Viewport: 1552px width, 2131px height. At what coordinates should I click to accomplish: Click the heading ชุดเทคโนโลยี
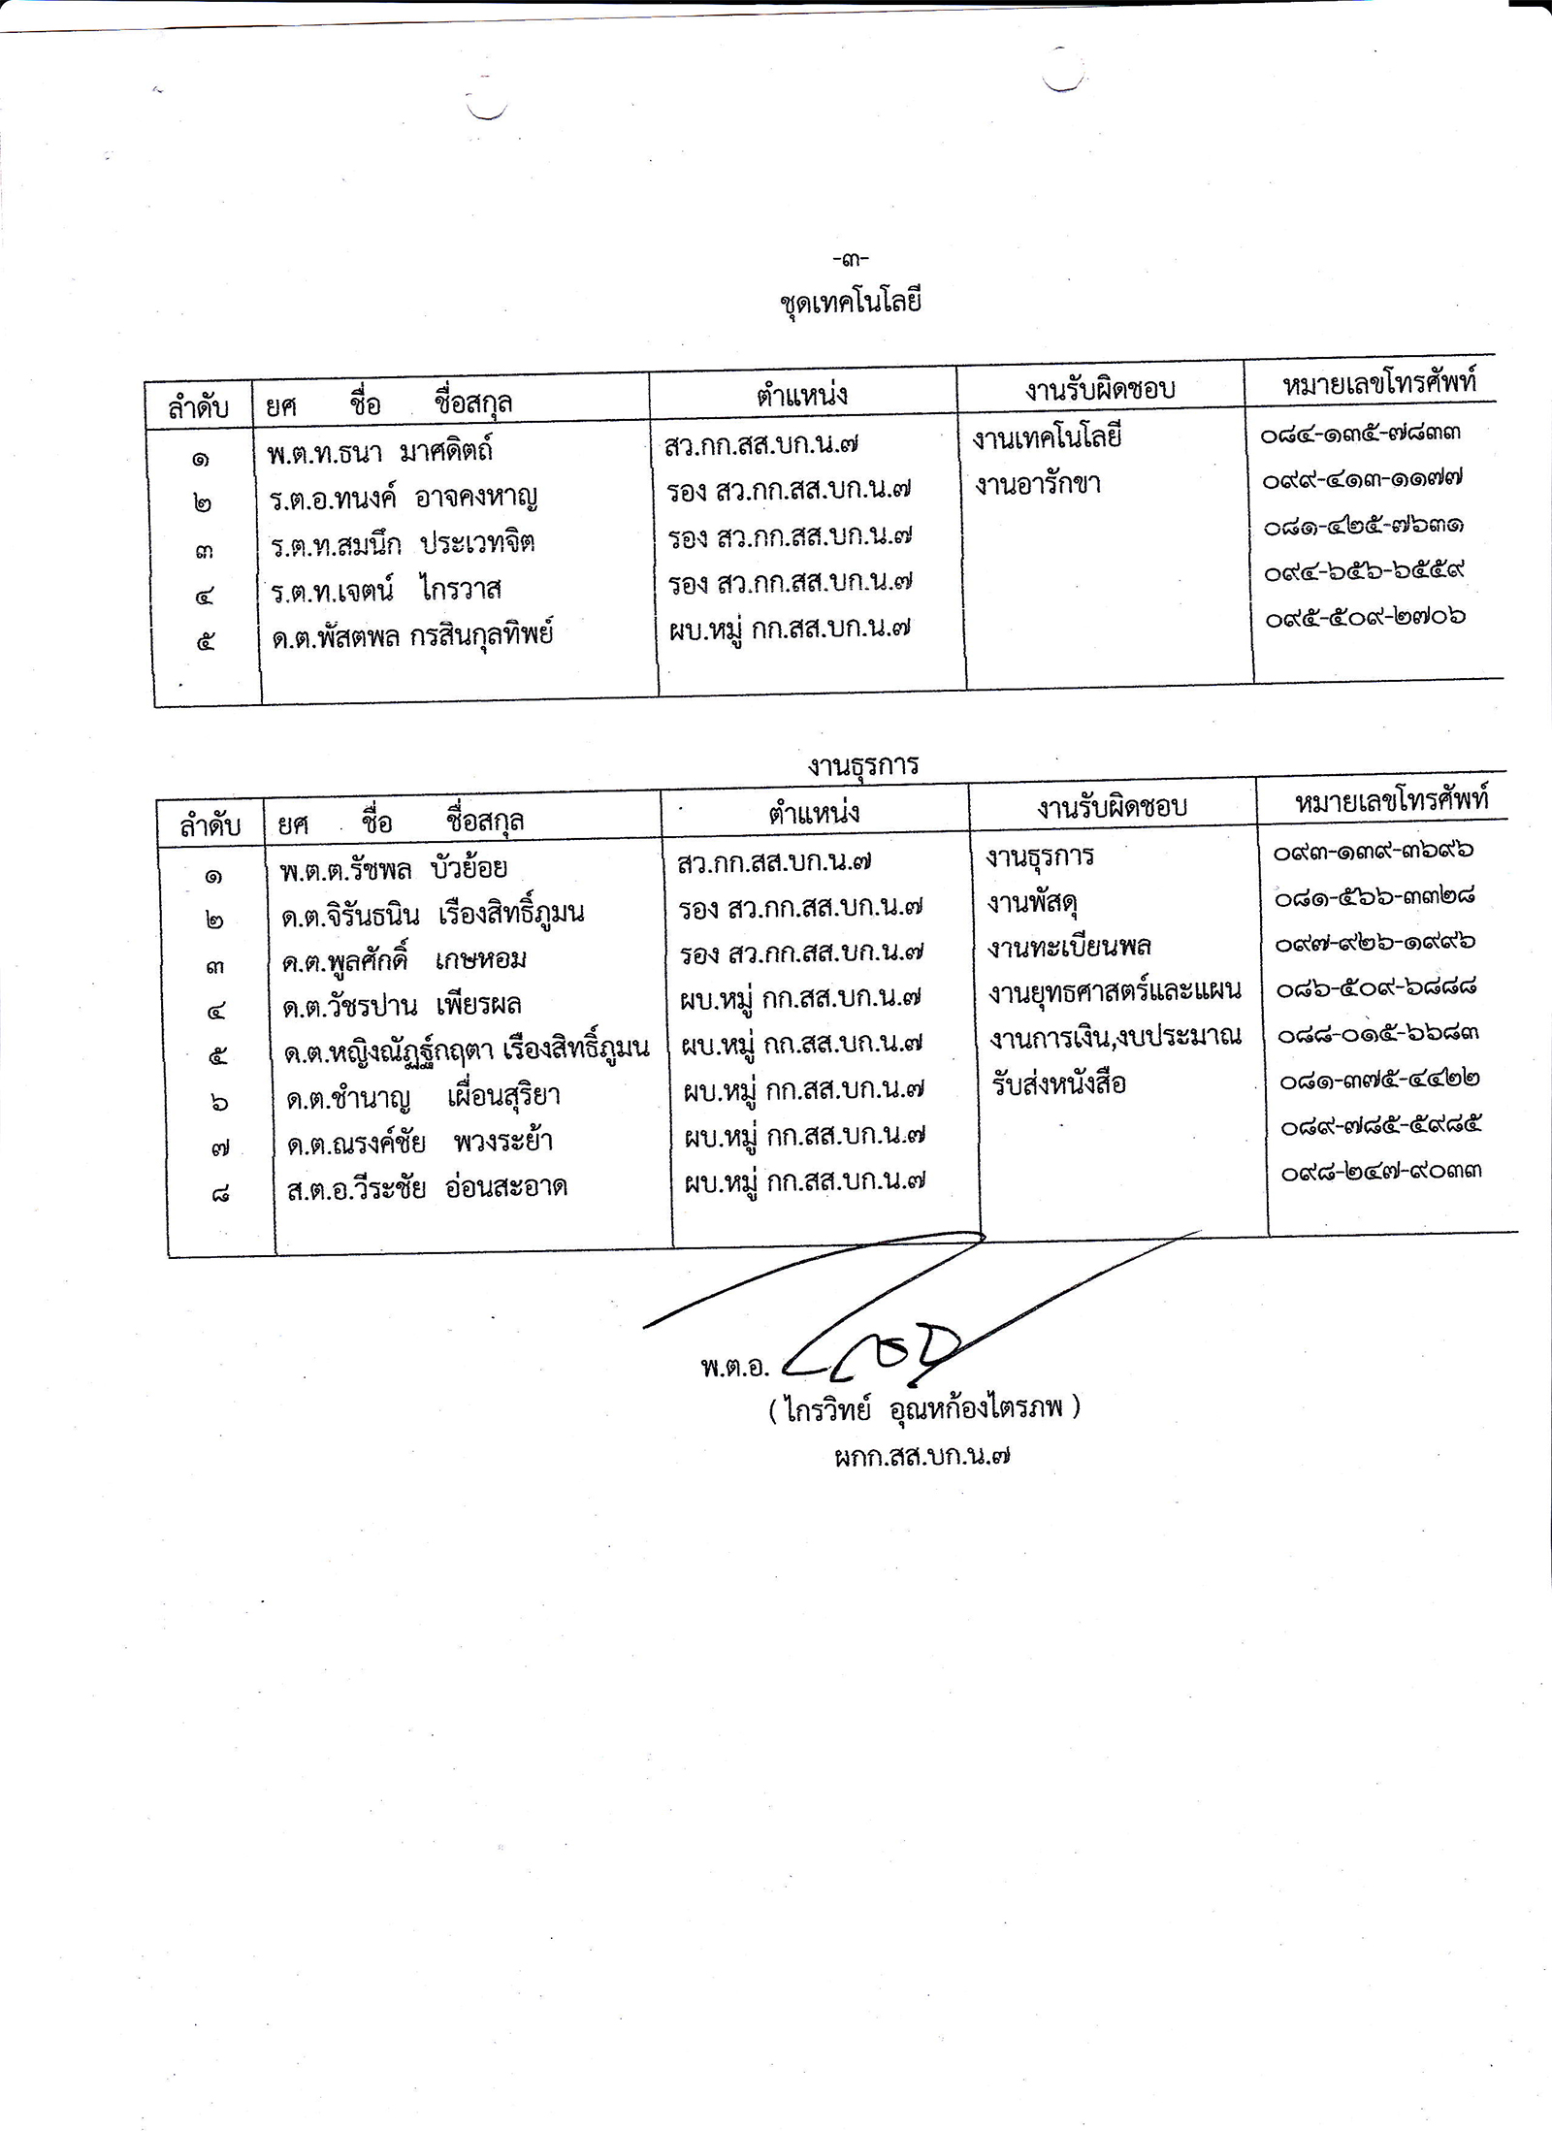click(850, 302)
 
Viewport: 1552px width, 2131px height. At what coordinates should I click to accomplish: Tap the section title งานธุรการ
click(862, 765)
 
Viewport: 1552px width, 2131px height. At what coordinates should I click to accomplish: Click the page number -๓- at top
click(850, 259)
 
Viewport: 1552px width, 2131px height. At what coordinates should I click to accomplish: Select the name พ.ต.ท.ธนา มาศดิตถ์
click(380, 451)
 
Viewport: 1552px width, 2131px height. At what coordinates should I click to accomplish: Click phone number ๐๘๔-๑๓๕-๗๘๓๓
click(1360, 434)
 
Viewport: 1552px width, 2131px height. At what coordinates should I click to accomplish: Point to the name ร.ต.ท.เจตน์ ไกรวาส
click(385, 589)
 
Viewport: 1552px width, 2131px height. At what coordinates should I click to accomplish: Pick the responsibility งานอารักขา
click(1038, 484)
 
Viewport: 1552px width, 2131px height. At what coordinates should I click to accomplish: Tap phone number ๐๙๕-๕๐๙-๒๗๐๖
click(1365, 617)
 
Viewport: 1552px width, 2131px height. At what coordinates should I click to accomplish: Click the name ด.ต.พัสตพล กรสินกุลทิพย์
click(412, 636)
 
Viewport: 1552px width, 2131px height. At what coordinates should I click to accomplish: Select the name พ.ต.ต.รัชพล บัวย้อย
click(393, 869)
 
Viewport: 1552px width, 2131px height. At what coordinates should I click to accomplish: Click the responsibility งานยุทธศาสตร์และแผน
click(1115, 991)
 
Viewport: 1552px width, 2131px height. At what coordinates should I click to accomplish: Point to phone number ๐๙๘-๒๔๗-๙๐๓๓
click(1380, 1172)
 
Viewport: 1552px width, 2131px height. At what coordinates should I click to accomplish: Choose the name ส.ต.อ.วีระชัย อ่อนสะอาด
click(427, 1188)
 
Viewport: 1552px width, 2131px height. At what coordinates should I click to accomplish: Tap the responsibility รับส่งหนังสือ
click(1058, 1083)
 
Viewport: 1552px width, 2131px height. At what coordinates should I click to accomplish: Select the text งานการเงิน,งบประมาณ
click(1115, 1037)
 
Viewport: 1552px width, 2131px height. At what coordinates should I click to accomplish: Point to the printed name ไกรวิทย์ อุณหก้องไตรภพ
click(923, 1408)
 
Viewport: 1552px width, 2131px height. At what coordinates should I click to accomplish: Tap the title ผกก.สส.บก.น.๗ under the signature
click(922, 1456)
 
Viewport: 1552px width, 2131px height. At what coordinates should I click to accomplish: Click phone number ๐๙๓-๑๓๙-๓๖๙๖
click(1374, 852)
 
